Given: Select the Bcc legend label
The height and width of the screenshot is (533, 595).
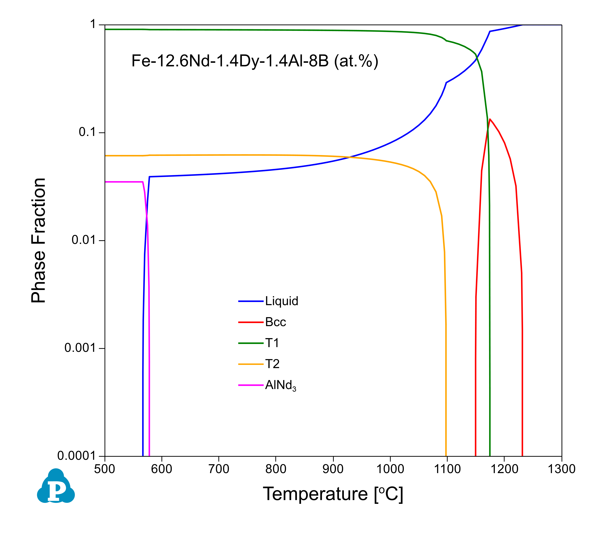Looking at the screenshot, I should tap(275, 322).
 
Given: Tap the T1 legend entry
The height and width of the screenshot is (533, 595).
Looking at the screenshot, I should tap(272, 343).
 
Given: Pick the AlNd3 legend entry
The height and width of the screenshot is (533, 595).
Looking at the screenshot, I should tap(280, 385).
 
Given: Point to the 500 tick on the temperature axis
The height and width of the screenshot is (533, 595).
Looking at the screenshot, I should tap(105, 469).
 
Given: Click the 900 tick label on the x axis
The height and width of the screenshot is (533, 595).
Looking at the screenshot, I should tap(333, 469).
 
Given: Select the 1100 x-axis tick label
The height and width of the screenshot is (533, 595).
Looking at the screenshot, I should tap(447, 469).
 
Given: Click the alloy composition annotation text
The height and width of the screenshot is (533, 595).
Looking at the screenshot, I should tap(255, 61).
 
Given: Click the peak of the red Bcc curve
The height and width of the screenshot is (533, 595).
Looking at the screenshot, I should tap(490, 119).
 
